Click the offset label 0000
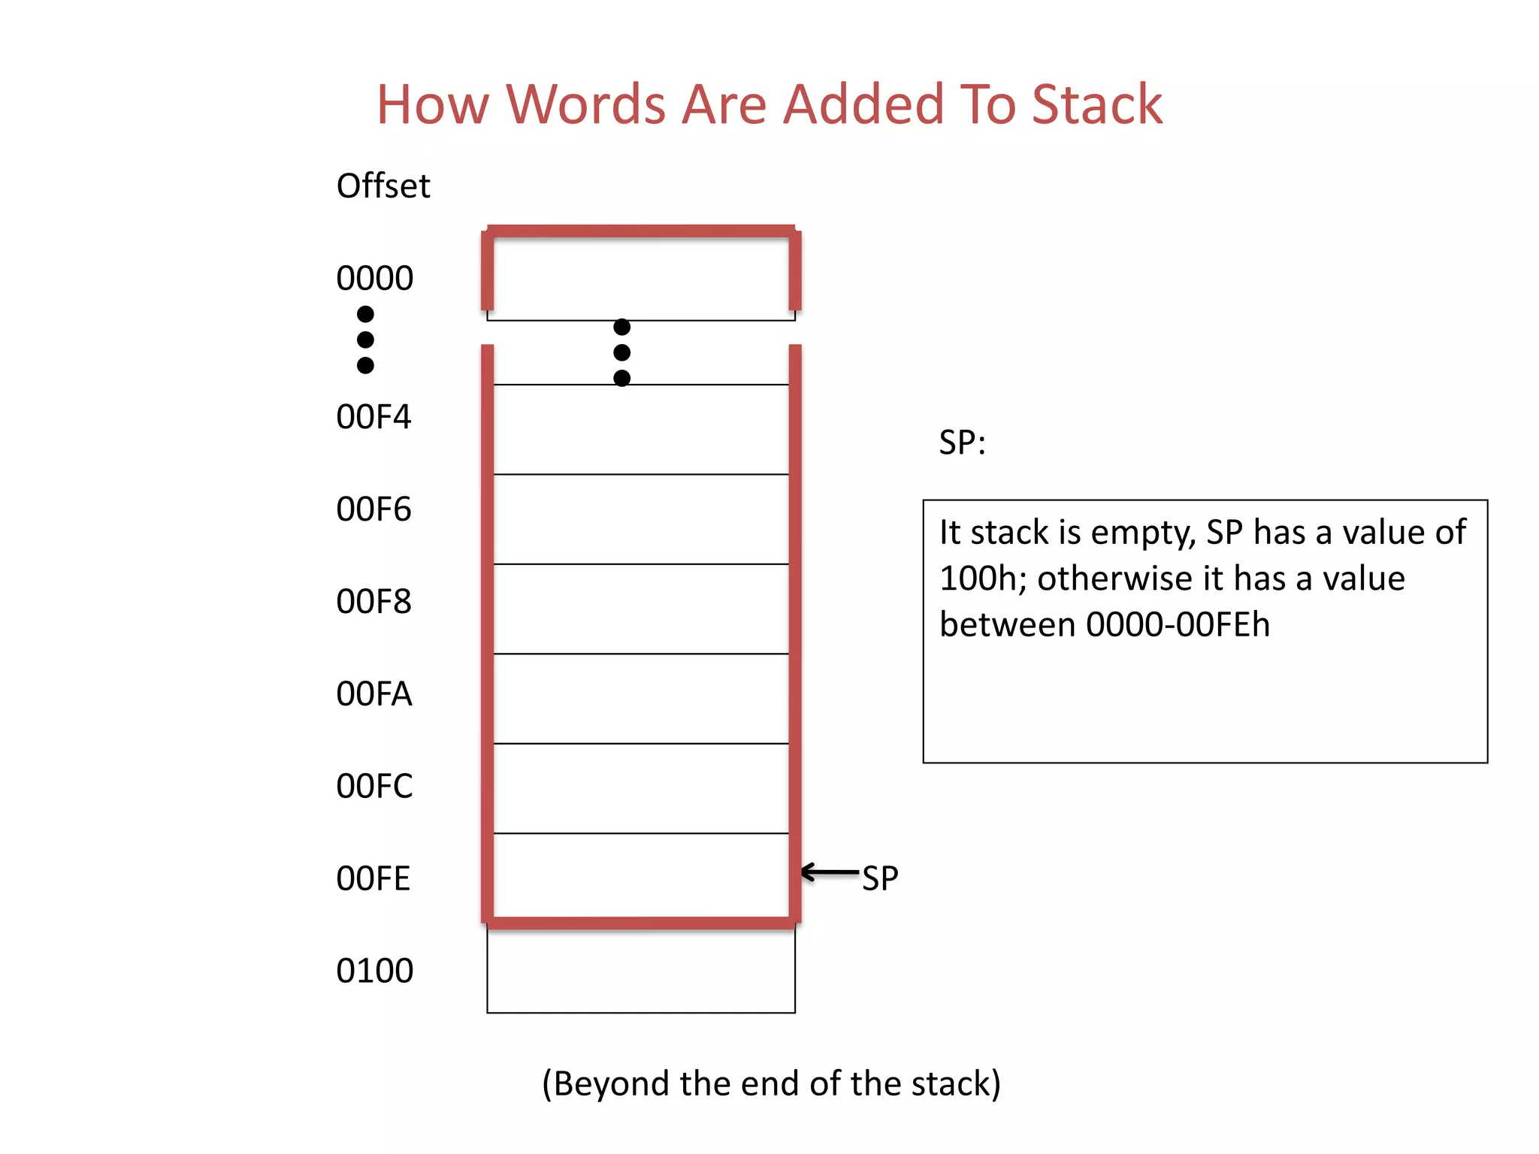click(374, 279)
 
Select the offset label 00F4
click(373, 417)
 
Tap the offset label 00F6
click(373, 509)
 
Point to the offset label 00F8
click(373, 602)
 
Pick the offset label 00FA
click(373, 694)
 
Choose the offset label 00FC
click(374, 787)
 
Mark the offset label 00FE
click(373, 879)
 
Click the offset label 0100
click(374, 971)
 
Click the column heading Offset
click(383, 186)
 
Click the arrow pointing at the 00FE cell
click(830, 872)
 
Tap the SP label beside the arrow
click(880, 878)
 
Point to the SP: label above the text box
click(962, 443)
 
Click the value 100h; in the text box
click(983, 579)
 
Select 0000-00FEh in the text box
click(1178, 625)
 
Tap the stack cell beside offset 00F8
click(641, 609)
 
